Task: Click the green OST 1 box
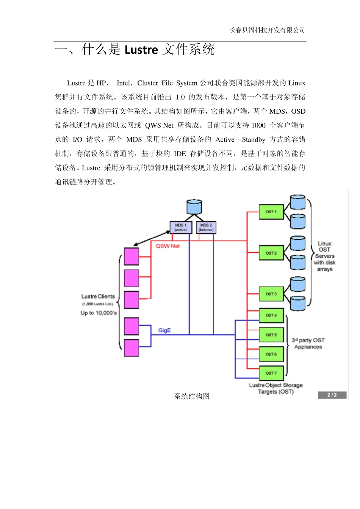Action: point(271,212)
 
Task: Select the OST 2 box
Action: point(271,253)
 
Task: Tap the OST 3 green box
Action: point(271,294)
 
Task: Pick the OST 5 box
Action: point(271,335)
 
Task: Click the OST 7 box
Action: point(271,373)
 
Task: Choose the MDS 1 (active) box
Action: point(181,227)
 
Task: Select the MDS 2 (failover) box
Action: point(206,227)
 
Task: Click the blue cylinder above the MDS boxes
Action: point(194,207)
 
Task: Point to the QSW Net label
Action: point(167,246)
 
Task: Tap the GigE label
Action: point(164,330)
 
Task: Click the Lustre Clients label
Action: point(98,297)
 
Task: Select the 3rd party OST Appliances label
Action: point(308,343)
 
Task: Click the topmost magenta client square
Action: point(131,256)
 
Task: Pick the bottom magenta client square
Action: point(131,348)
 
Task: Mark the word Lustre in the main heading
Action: point(141,50)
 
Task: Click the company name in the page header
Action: point(267,30)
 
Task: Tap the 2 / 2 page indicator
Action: point(332,395)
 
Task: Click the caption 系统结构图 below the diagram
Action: point(192,396)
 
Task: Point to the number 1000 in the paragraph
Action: point(258,125)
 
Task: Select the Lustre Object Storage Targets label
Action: point(276,388)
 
